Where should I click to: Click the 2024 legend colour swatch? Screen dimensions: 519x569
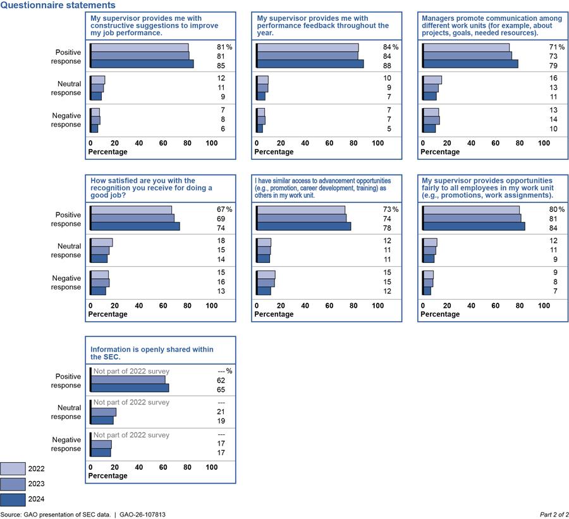[13, 499]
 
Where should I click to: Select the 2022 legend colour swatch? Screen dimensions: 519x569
[13, 468]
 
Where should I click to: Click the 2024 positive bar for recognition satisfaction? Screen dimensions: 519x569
[135, 226]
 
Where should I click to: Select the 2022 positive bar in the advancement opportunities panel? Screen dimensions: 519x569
[300, 210]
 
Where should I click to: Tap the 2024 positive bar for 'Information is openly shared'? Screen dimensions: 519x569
[130, 388]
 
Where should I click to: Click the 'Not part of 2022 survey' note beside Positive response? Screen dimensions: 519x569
[132, 371]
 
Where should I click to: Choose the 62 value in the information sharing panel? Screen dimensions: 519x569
[221, 381]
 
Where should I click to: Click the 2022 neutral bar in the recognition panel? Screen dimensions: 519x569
[102, 242]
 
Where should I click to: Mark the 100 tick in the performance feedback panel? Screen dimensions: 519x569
[377, 143]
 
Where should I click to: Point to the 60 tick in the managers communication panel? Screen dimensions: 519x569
[496, 143]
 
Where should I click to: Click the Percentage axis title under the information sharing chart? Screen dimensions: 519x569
[107, 476]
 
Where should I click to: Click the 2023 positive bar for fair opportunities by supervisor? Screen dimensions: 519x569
[472, 218]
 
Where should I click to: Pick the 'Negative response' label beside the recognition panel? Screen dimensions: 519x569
[66, 283]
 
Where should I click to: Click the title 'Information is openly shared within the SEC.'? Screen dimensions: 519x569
[152, 353]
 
